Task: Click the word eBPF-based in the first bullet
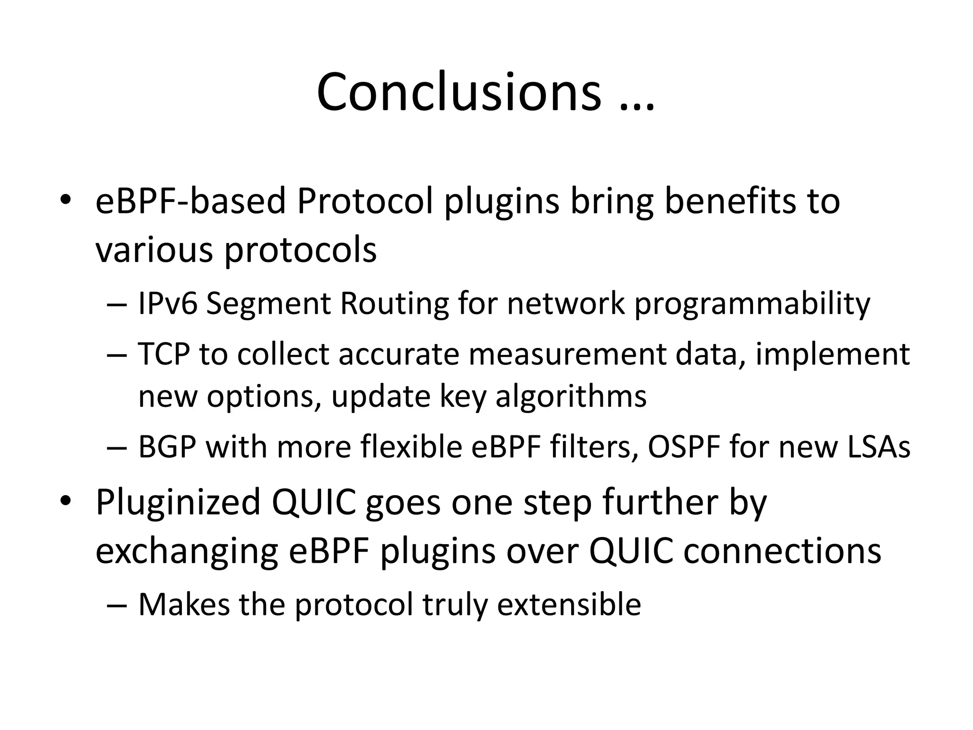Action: click(x=191, y=201)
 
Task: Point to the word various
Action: click(x=154, y=250)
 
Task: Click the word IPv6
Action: click(x=167, y=303)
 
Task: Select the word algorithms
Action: click(x=571, y=396)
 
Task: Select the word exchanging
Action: click(x=187, y=552)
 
